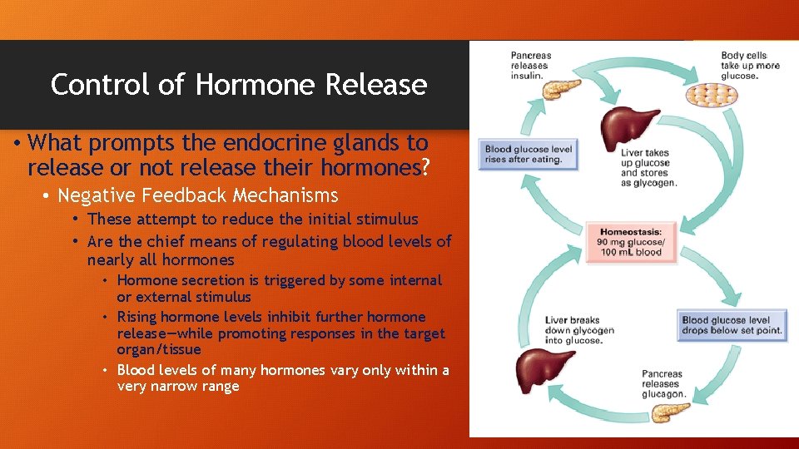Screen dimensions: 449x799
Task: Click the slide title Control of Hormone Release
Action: [x=239, y=85]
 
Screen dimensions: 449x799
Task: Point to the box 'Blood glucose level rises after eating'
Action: [x=528, y=155]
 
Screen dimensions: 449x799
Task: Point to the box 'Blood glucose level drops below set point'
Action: [x=732, y=324]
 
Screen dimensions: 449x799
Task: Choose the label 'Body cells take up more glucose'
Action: [x=750, y=66]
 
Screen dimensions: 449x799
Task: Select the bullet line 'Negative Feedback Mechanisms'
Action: [x=198, y=195]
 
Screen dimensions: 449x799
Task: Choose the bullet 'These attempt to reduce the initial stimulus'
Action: [x=252, y=219]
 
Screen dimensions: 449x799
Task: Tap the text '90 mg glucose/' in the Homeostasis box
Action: [x=629, y=243]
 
